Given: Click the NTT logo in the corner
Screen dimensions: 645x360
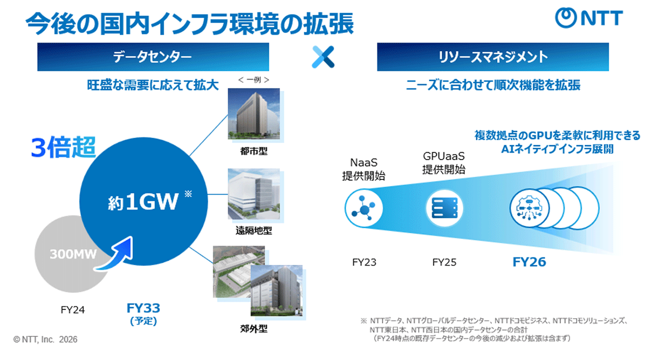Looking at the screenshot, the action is point(589,18).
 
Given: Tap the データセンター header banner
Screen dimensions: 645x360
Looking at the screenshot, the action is point(153,57).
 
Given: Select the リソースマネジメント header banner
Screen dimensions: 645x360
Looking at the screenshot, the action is point(493,57).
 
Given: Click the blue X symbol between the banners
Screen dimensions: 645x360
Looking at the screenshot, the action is point(323,57).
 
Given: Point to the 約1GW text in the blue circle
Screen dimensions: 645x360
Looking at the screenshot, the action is point(143,201).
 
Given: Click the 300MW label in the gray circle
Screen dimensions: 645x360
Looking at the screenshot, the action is point(73,254).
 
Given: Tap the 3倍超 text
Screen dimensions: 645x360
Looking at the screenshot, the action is point(63,147).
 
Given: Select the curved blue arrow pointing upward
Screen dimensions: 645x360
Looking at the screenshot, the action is point(115,254).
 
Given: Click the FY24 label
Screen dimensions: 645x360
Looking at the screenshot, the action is point(73,310).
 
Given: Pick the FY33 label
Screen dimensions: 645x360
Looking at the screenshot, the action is point(144,308).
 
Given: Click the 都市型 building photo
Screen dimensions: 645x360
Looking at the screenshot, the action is point(254,114).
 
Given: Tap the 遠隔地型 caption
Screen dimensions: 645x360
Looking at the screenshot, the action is point(254,231).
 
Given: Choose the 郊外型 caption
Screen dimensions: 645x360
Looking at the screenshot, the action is point(254,329).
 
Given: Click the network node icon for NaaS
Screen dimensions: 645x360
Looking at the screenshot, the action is point(364,208).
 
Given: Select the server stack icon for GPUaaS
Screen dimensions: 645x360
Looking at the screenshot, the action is point(445,208).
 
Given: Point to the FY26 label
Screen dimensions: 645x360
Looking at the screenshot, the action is point(529,262).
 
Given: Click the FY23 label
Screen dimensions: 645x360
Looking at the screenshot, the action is point(364,262).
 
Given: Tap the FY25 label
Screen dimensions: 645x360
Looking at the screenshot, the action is point(445,262).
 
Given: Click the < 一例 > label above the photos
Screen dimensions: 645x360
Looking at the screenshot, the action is point(254,80).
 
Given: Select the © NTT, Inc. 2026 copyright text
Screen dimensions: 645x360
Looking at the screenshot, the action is point(45,340).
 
